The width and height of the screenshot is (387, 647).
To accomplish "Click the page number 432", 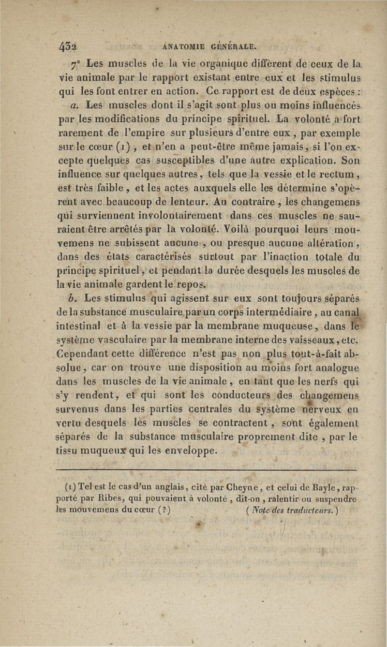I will pos(68,47).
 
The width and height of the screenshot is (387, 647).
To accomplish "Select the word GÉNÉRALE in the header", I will pos(233,47).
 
